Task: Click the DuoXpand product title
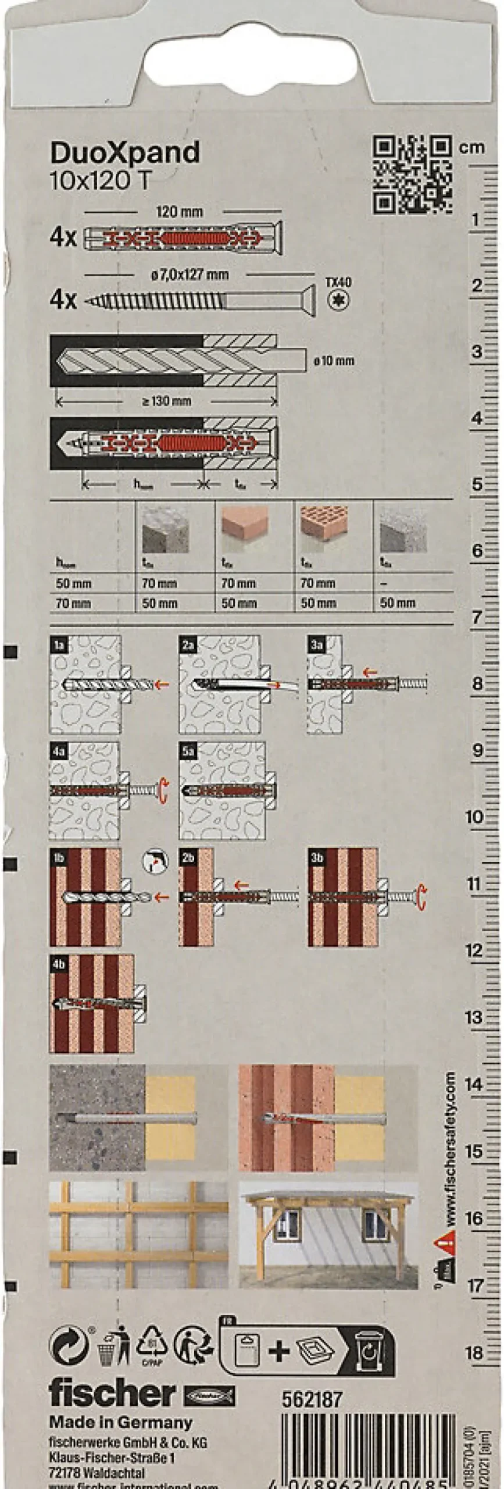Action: [124, 152]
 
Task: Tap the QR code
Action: [412, 174]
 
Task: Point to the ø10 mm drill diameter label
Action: [334, 361]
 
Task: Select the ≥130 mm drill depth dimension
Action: [166, 401]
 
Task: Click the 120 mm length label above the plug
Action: [180, 212]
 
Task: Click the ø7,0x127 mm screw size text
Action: [190, 274]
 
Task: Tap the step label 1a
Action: [59, 644]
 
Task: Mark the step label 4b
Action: [59, 964]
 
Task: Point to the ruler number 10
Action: [474, 817]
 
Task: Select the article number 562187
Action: [312, 1399]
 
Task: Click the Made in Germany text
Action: [120, 1423]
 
